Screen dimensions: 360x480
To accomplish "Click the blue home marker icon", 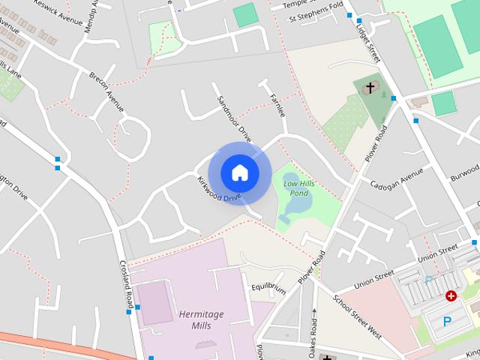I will point(240,172).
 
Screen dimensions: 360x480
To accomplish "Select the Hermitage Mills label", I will point(201,319).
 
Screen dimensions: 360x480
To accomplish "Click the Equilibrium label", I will point(268,287).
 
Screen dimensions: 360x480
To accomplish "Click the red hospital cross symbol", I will point(451,296).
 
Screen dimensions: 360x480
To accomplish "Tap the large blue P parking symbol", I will point(447,322).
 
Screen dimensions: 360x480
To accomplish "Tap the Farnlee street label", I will point(277,105).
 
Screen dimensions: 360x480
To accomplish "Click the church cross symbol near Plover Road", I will point(370,88).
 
